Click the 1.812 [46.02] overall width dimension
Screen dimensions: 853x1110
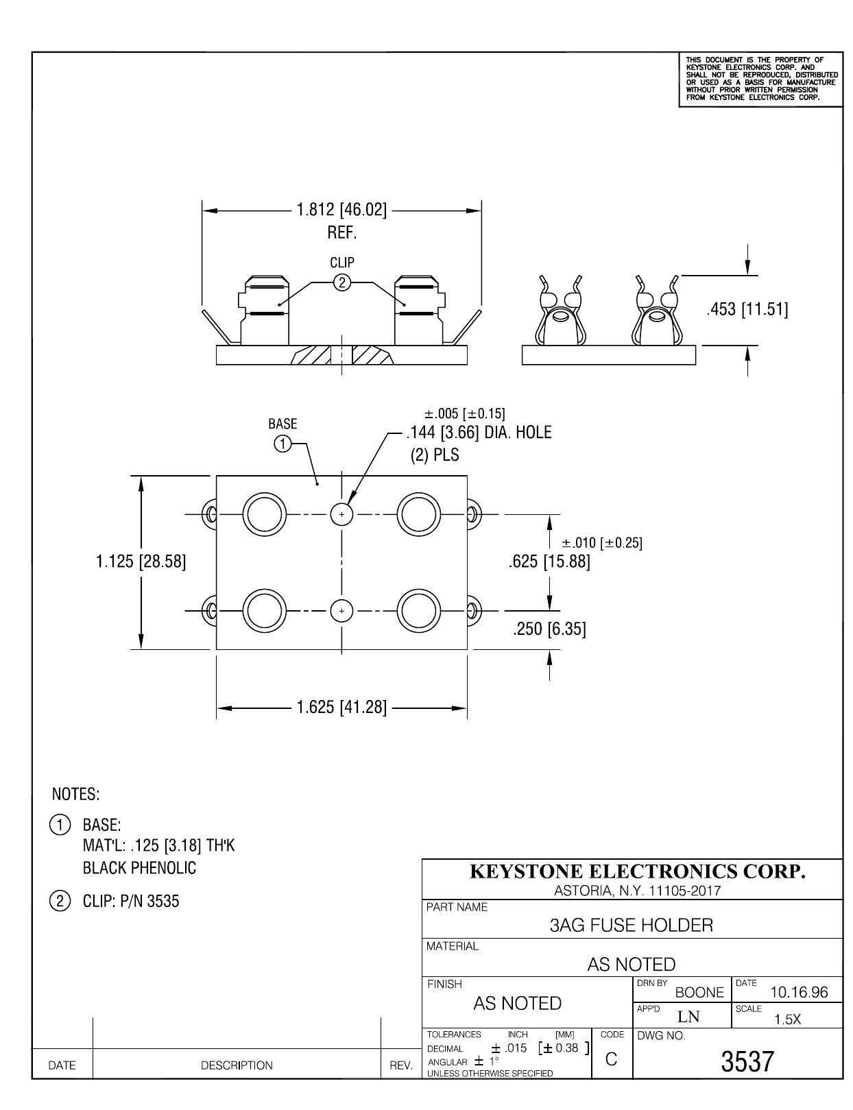pos(341,210)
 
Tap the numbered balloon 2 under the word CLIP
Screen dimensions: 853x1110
pos(341,282)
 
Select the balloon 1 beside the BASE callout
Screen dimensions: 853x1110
pos(283,444)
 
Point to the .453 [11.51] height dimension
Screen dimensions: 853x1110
pos(747,309)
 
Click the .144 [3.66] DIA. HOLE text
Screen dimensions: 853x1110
pos(479,433)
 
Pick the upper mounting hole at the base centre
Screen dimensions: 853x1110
pos(341,514)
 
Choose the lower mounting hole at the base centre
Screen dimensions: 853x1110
pos(341,610)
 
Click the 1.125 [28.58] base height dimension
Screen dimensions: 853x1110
pos(141,562)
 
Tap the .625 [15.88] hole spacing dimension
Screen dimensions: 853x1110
pos(549,562)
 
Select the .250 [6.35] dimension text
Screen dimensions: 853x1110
pos(549,628)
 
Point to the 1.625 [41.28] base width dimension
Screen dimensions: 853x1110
pos(341,708)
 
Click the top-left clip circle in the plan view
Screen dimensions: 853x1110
pos(264,514)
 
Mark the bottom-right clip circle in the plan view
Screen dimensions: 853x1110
pos(418,610)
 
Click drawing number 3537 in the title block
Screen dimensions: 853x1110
pos(747,1061)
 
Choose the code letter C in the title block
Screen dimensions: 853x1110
pos(611,1059)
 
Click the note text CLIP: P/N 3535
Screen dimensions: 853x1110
pos(131,901)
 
